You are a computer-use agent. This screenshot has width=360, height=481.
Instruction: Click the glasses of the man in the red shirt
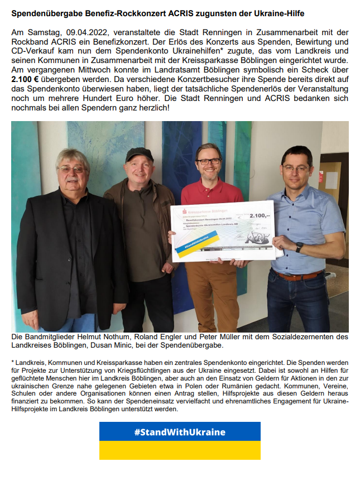[208, 161]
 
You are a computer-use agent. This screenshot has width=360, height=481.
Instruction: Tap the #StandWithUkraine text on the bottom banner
[180, 432]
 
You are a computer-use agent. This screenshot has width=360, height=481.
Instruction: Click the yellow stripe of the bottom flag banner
[180, 450]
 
